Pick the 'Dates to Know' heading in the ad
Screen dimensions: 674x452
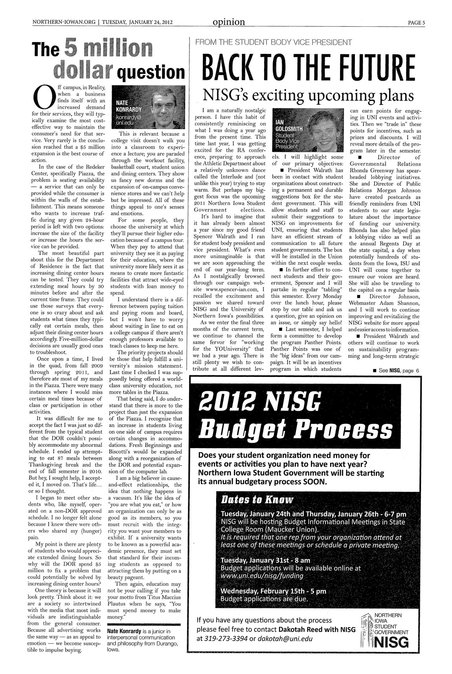[x=257, y=500]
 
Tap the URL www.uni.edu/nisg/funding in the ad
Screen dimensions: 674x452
[x=263, y=576]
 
